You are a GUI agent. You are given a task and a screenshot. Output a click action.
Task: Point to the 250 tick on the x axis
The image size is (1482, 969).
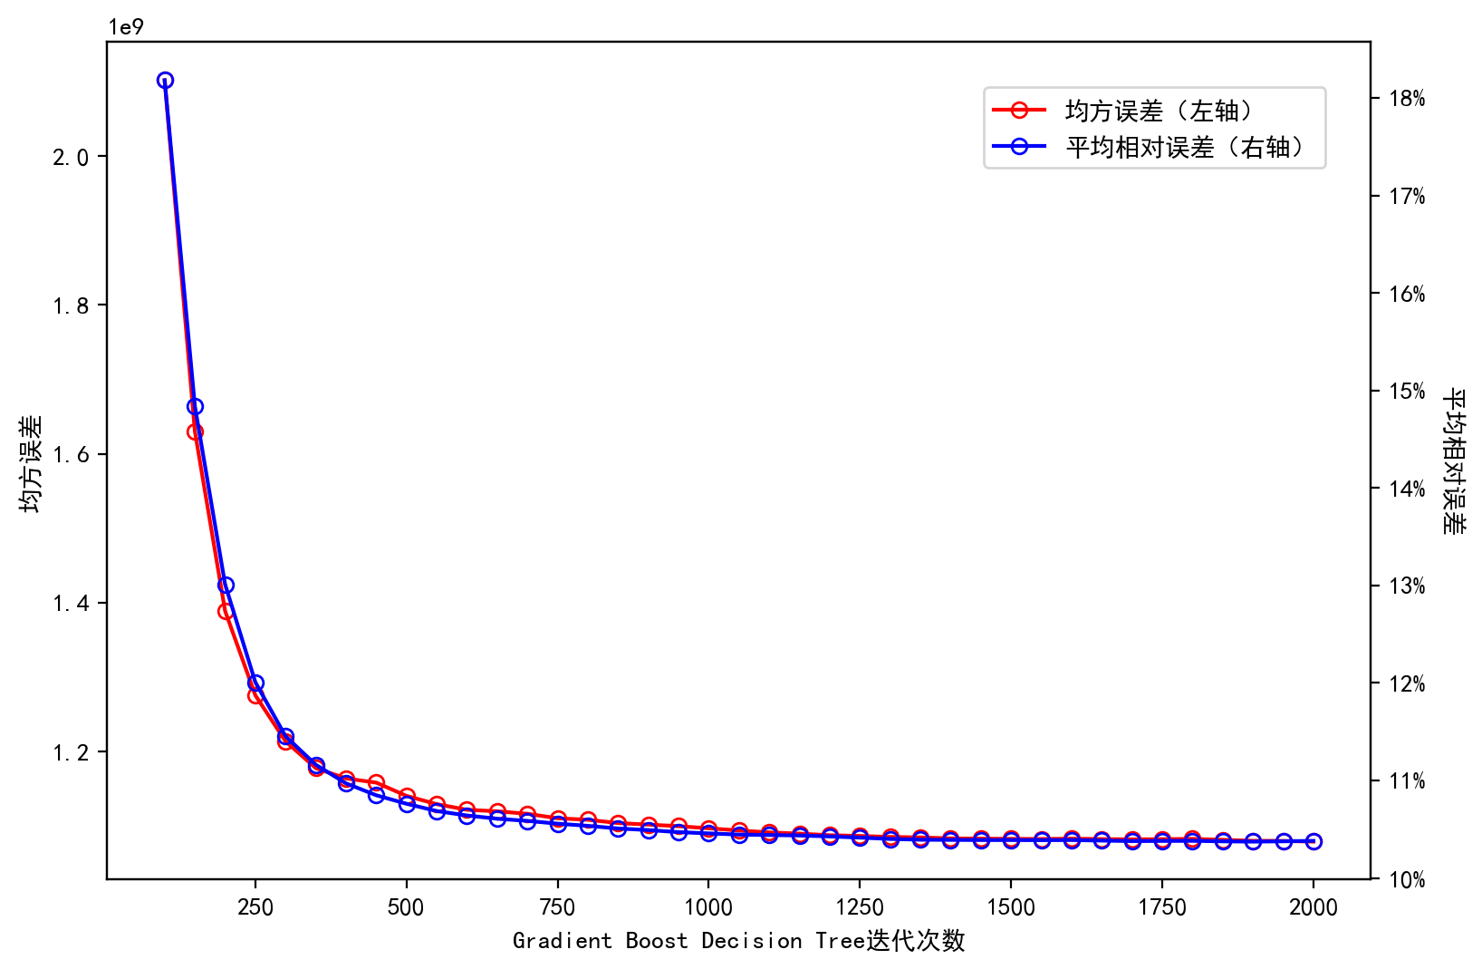tap(255, 907)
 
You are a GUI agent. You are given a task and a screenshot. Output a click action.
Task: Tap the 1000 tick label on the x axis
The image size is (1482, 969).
tap(708, 907)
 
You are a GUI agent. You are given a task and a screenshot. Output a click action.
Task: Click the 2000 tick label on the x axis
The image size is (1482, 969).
tap(1314, 907)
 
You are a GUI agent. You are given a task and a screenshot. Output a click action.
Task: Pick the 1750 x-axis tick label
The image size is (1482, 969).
tap(1162, 907)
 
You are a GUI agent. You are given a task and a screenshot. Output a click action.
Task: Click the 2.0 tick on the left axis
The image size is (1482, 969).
tap(72, 158)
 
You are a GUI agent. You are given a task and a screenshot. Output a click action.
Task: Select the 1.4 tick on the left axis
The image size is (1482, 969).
tap(72, 604)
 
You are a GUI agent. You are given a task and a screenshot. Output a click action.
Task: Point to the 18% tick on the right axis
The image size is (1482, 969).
tap(1407, 99)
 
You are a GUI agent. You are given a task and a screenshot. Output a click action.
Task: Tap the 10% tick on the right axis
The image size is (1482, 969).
tap(1407, 879)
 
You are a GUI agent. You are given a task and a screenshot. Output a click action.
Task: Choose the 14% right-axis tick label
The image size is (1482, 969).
tap(1407, 489)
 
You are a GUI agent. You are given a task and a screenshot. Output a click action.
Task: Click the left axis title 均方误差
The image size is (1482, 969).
tap(31, 463)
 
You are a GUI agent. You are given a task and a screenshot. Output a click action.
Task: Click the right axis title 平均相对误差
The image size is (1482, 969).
tap(1453, 460)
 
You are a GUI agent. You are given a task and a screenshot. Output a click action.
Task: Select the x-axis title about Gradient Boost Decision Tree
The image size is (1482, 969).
tap(738, 941)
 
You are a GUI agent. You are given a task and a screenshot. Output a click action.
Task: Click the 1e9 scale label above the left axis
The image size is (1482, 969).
tap(126, 27)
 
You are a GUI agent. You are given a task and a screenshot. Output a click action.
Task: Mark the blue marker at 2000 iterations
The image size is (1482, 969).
tap(1314, 841)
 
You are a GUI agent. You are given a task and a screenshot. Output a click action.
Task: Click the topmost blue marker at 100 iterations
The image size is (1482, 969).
tap(165, 80)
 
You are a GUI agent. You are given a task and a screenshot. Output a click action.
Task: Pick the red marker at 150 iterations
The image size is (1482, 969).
tap(195, 431)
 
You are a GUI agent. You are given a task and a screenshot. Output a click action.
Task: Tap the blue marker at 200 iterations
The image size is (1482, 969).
tap(226, 585)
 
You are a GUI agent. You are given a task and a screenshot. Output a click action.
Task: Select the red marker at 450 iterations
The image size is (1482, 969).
tap(376, 781)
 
